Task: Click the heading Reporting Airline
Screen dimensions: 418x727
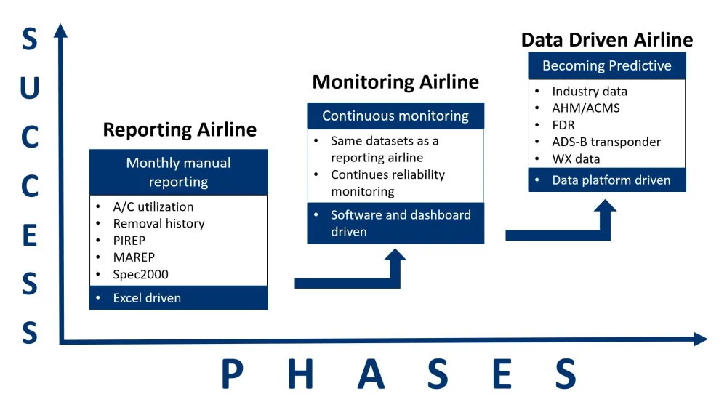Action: (x=180, y=130)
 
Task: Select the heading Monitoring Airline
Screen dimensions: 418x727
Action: (x=395, y=81)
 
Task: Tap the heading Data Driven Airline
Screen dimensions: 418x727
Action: (x=606, y=39)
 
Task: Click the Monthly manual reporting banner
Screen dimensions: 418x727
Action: (x=178, y=172)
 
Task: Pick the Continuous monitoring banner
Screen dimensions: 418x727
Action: (x=395, y=116)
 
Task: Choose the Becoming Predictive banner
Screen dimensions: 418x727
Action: (x=606, y=65)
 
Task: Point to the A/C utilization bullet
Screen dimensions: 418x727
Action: (x=153, y=206)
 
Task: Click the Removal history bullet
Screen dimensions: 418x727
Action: (x=158, y=223)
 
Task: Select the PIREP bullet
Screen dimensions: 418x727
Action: (x=131, y=240)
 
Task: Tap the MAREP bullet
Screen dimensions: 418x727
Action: (x=134, y=257)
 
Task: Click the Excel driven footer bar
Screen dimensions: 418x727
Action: (x=178, y=297)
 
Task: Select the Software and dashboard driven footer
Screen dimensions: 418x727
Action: (x=395, y=223)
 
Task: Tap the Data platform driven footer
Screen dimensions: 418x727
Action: (x=606, y=180)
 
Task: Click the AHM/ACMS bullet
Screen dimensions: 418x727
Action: (x=586, y=108)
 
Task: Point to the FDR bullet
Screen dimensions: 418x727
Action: (x=563, y=125)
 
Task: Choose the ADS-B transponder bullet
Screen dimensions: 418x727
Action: (x=606, y=142)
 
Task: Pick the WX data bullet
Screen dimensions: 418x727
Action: (x=576, y=158)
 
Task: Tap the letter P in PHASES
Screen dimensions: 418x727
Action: (x=231, y=375)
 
